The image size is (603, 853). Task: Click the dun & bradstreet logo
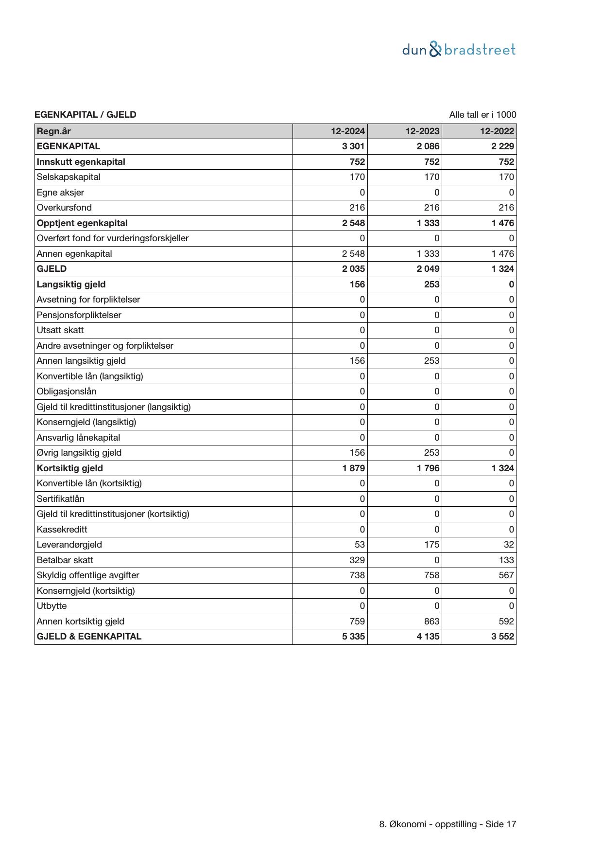click(459, 50)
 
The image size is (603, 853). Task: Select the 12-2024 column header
click(348, 131)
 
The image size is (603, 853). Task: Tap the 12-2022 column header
click(497, 131)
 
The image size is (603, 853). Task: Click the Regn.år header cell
click(54, 131)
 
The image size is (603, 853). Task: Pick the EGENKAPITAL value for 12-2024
click(353, 146)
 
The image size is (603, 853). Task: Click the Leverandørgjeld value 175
click(431, 545)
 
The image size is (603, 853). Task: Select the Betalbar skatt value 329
click(357, 560)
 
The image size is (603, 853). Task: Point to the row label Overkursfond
click(64, 208)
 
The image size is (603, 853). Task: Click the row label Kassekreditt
click(62, 529)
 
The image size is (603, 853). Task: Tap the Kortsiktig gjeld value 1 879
click(353, 468)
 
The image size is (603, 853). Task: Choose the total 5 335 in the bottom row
click(353, 637)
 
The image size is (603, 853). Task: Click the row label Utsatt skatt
click(60, 330)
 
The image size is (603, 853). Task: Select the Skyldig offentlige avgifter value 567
click(506, 575)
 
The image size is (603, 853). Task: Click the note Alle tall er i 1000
click(482, 115)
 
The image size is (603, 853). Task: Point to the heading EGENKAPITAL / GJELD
click(86, 115)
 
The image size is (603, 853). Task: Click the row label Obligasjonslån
click(67, 391)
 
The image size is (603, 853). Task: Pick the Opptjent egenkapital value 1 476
click(502, 223)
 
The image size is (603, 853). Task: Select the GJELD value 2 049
click(428, 269)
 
